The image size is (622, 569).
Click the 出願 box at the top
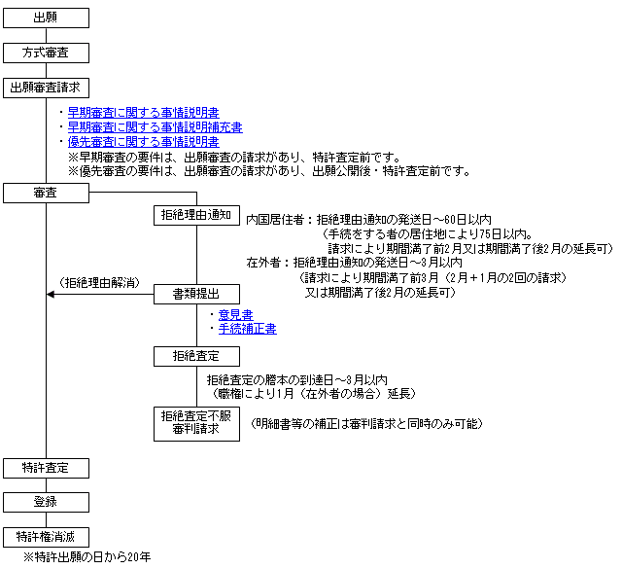(x=46, y=18)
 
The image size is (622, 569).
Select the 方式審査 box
(x=46, y=53)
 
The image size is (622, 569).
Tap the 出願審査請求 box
(x=46, y=88)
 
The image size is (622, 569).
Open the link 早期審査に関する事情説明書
(x=144, y=113)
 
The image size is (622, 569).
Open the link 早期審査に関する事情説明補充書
(x=155, y=127)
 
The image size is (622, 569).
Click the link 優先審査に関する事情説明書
(x=144, y=142)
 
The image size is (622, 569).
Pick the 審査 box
(x=46, y=193)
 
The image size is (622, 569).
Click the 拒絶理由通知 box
(x=196, y=215)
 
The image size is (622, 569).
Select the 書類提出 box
(x=196, y=295)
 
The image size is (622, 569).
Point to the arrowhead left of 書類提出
(x=51, y=295)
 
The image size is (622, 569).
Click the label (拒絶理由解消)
(x=100, y=283)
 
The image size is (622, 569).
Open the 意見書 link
(x=235, y=315)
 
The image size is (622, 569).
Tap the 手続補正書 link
(x=248, y=329)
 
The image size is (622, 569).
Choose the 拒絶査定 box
(x=196, y=356)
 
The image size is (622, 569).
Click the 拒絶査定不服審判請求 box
(x=196, y=424)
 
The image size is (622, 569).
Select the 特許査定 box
(x=46, y=468)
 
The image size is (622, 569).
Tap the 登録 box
(x=46, y=502)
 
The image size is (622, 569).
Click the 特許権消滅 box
(x=46, y=537)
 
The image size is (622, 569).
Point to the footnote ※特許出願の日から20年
(x=86, y=557)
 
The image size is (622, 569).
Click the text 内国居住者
(x=275, y=220)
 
